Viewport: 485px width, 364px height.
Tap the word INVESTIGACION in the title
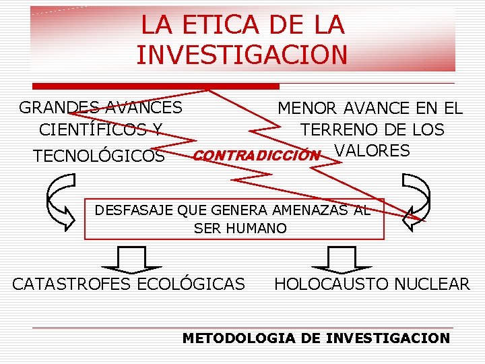(x=242, y=55)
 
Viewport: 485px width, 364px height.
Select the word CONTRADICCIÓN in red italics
(x=255, y=156)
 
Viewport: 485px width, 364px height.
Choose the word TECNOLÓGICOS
(x=99, y=156)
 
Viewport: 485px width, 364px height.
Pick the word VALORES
(x=372, y=151)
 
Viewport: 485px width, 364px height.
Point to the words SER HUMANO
(x=240, y=229)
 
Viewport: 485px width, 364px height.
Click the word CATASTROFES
(x=72, y=284)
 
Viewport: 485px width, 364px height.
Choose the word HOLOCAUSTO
(x=331, y=284)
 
